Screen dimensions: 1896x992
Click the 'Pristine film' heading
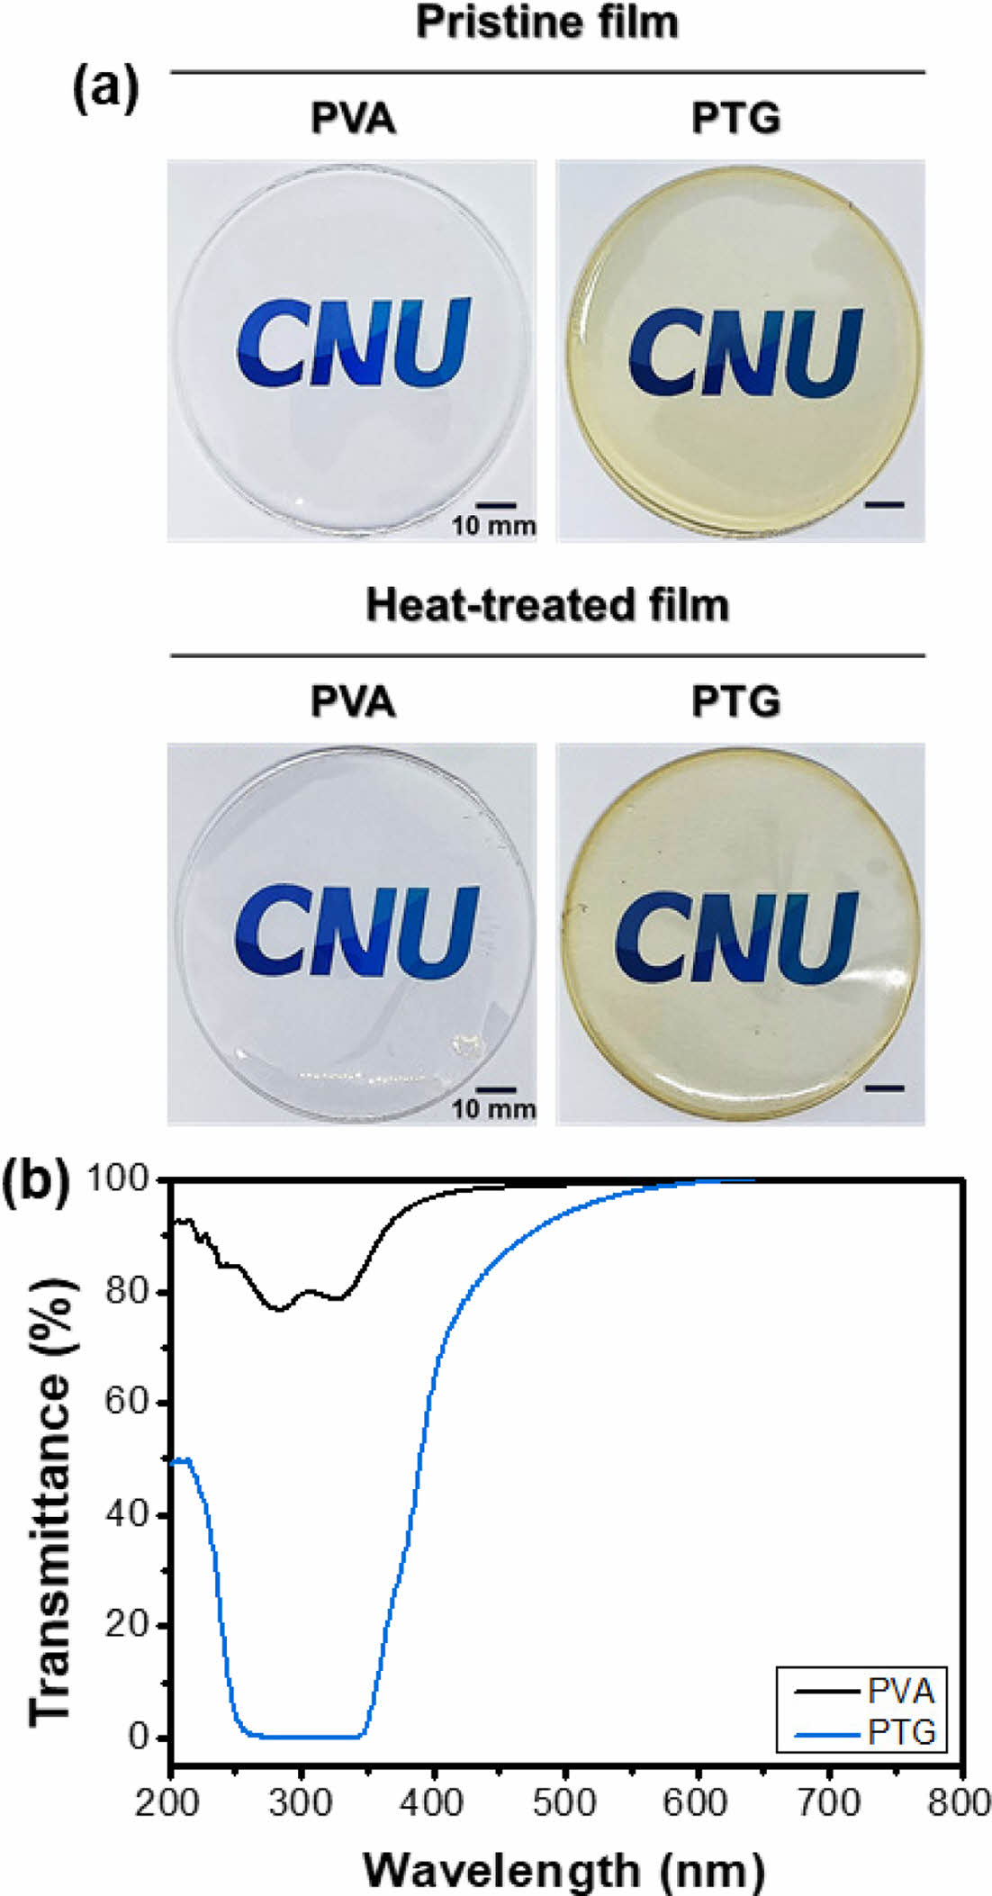tap(547, 22)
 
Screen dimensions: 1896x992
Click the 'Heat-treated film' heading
tap(547, 605)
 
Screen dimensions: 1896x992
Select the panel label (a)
tap(105, 89)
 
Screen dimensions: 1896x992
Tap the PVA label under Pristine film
tap(353, 118)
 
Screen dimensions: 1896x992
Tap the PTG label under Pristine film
tap(735, 118)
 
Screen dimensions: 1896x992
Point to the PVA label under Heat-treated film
tap(353, 701)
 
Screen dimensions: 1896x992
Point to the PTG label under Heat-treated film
tap(735, 701)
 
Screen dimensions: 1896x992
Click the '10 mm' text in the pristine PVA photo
tap(493, 526)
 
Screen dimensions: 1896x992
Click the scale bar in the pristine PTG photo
tap(883, 505)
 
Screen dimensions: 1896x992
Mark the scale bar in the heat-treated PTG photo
tap(883, 1088)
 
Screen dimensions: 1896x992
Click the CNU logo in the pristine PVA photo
tap(354, 343)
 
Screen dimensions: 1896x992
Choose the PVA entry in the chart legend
tap(900, 1692)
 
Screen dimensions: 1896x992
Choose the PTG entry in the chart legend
tap(900, 1731)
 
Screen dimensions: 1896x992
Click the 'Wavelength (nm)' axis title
tap(564, 1871)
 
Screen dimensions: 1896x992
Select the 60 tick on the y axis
tap(125, 1403)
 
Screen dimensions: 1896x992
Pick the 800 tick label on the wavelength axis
tap(960, 1803)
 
